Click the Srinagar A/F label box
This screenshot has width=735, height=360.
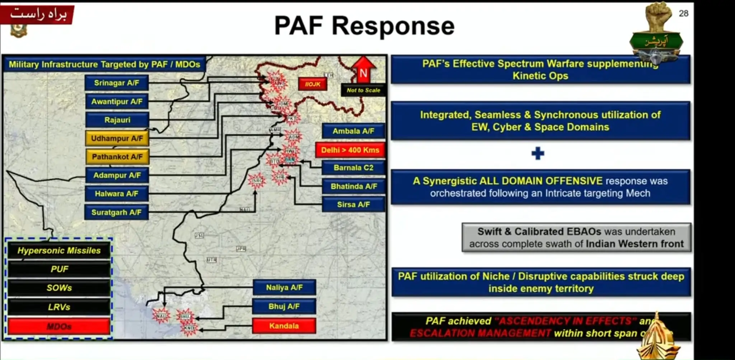117,83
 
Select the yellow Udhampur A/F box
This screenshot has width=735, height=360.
117,138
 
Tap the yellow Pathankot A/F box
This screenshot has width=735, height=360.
117,157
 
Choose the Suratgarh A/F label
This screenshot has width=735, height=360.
117,212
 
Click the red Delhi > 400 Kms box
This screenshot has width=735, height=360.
350,150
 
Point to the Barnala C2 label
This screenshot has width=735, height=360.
354,168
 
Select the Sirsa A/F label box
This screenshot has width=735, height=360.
354,205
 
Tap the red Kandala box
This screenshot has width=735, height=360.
284,326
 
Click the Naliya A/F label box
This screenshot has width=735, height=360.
284,287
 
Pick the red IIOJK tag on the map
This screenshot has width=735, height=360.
313,84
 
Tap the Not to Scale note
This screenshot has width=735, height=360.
363,90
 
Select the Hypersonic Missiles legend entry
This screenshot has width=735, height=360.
59,251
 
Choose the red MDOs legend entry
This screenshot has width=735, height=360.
59,327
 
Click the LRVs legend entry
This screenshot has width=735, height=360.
59,307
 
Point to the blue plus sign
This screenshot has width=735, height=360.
538,154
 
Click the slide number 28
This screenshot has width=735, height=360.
683,13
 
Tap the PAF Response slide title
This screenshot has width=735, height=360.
364,26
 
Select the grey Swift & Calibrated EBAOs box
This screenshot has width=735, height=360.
576,238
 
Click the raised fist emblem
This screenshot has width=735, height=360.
659,16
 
